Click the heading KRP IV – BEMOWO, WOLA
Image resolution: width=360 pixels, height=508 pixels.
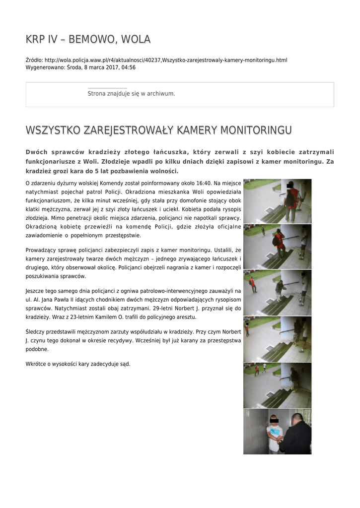tap(88, 39)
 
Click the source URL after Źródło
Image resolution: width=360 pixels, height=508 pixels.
tap(166, 60)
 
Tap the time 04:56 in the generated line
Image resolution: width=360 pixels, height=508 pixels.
tap(129, 67)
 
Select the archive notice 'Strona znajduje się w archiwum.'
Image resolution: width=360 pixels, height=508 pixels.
tap(131, 93)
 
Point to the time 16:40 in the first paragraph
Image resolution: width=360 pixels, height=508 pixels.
tap(202, 184)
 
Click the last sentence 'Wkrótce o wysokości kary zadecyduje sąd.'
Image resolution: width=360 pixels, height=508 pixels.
tap(78, 364)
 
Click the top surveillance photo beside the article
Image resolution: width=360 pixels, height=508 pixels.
tap(277, 201)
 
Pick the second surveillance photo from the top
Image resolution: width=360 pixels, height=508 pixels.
tap(277, 247)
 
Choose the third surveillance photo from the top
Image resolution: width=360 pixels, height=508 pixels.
tap(277, 293)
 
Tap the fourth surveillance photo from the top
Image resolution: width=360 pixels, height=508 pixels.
tap(277, 339)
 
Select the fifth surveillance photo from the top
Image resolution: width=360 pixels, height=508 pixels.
tap(277, 385)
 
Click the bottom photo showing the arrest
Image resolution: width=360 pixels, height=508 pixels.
tap(277, 431)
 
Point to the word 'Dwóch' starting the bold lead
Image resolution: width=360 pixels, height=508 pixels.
tap(37, 152)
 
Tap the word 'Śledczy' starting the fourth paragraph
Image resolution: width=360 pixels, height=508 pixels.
tap(35, 332)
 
